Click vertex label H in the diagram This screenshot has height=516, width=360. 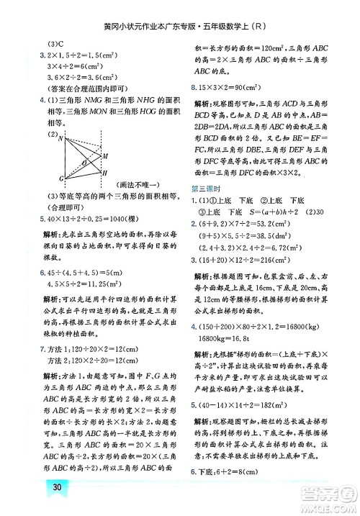[x=105, y=173]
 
